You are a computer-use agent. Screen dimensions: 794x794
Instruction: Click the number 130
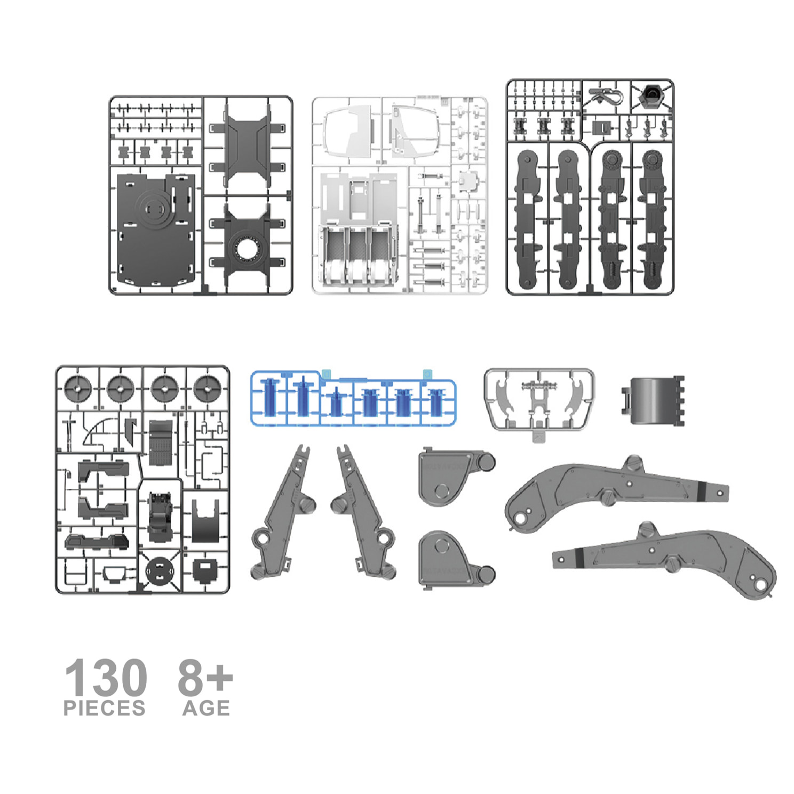pyautogui.click(x=106, y=677)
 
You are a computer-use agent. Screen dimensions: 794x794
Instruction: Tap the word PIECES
pyautogui.click(x=105, y=708)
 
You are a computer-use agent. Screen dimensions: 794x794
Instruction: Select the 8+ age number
pyautogui.click(x=205, y=677)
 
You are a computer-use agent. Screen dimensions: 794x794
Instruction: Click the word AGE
pyautogui.click(x=206, y=708)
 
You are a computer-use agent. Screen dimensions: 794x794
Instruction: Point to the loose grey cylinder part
pyautogui.click(x=653, y=400)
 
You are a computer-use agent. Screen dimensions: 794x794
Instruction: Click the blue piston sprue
pyautogui.click(x=353, y=398)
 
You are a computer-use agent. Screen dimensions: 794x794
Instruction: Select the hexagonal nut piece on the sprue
pyautogui.click(x=650, y=95)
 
